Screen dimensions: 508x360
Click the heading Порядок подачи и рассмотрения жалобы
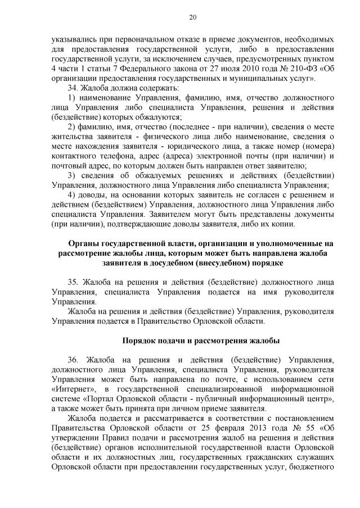point(200,341)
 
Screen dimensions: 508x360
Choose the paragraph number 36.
point(73,360)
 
